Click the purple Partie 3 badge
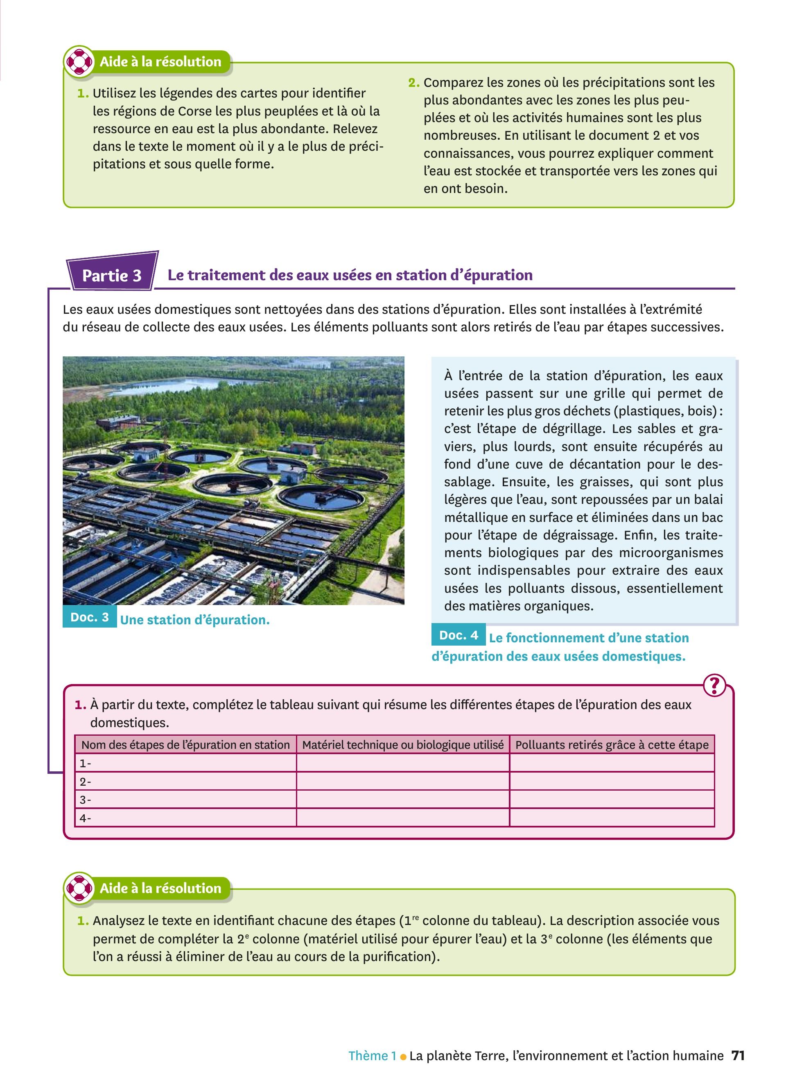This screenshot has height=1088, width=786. (112, 275)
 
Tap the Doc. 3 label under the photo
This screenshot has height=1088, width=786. (90, 617)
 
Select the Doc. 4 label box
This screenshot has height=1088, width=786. (458, 635)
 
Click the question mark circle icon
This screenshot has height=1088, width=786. (714, 686)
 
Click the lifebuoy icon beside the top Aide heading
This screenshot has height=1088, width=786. (79, 62)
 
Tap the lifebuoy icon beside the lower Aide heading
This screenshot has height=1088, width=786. (79, 889)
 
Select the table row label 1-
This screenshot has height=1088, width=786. (85, 763)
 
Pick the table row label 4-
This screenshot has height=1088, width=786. (85, 818)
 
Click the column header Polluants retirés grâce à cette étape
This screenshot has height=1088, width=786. (612, 745)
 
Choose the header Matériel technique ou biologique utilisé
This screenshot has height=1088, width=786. (402, 745)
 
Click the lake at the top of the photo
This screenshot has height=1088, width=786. (192, 383)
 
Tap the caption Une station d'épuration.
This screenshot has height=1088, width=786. (194, 620)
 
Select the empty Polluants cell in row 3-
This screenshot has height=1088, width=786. (612, 800)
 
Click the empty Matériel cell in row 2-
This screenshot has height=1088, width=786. (402, 782)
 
